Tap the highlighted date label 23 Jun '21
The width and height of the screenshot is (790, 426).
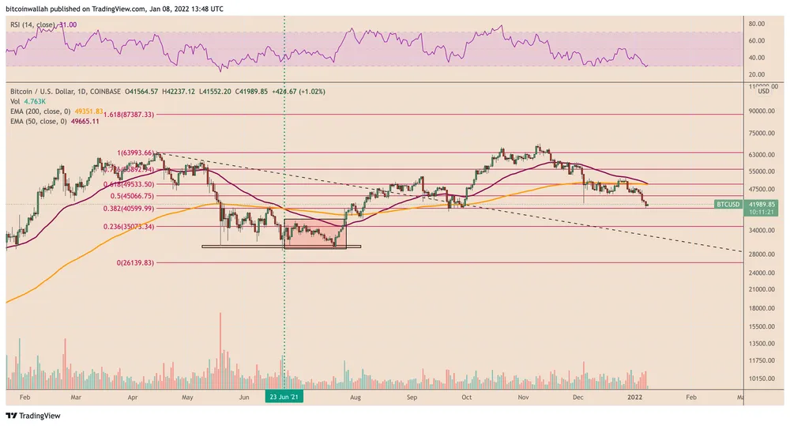click(284, 397)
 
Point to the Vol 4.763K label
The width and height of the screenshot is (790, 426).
click(26, 101)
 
